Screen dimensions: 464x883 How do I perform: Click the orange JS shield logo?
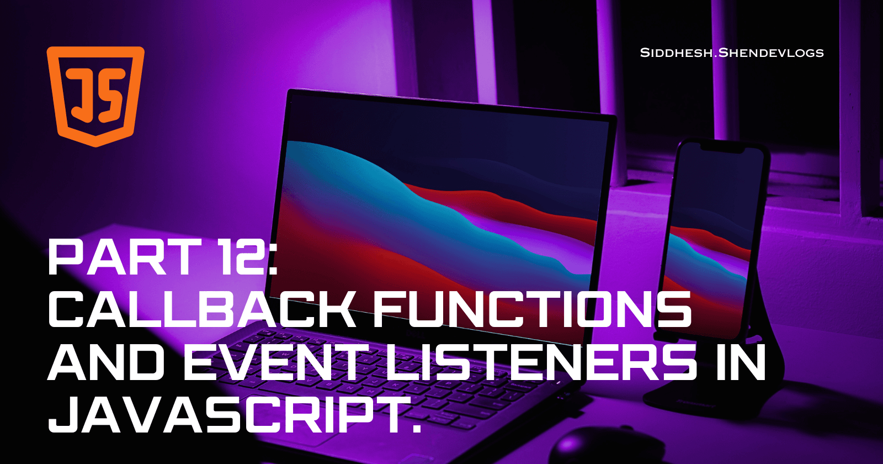(x=95, y=96)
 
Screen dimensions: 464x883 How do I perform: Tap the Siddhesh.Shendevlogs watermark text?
(x=732, y=53)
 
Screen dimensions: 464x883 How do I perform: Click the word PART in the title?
(x=124, y=257)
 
